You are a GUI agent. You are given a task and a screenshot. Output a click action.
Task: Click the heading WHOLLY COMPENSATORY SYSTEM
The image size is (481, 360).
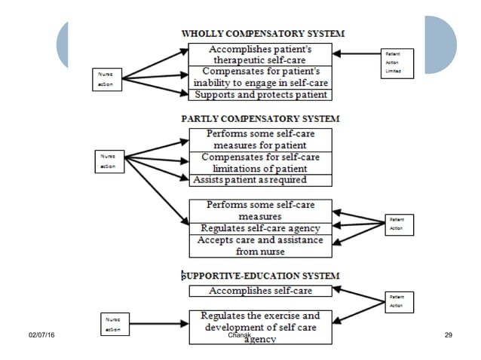click(262, 33)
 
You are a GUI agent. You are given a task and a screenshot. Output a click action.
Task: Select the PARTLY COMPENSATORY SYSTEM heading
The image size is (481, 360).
click(260, 118)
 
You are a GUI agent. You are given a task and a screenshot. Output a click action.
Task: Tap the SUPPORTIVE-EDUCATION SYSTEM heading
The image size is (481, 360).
click(260, 276)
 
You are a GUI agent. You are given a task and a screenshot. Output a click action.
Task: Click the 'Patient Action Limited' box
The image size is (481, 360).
click(398, 63)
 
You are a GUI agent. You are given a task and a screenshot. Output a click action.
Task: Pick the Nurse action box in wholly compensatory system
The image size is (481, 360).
click(106, 79)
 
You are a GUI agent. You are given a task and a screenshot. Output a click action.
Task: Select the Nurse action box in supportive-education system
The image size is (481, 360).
click(113, 325)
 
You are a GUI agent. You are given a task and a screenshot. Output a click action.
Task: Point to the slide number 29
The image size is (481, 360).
click(449, 333)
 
